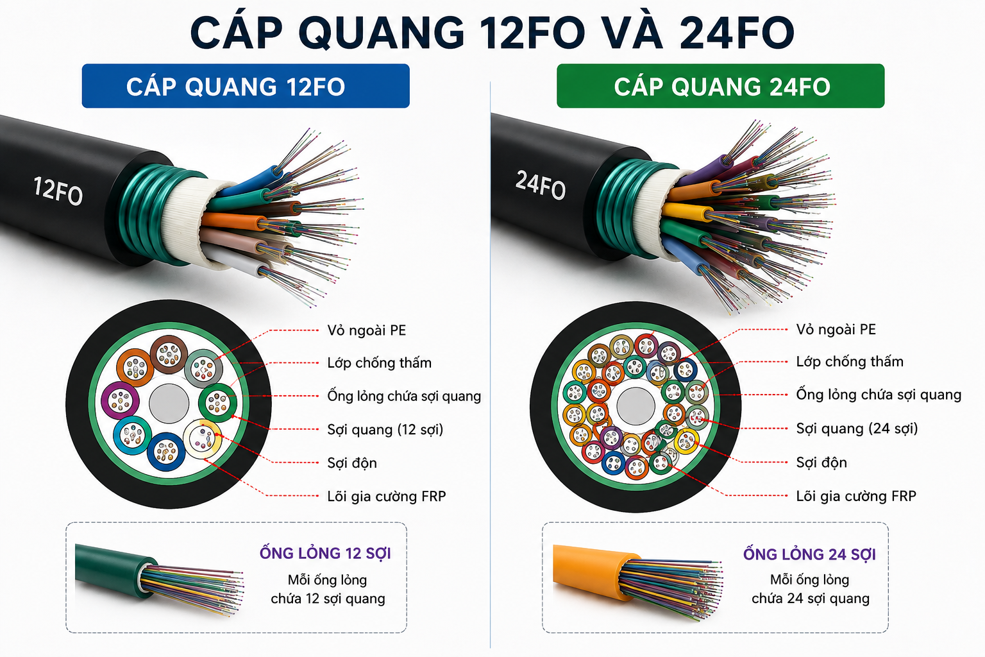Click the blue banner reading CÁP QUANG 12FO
click(x=246, y=86)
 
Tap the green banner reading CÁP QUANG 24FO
click(x=720, y=86)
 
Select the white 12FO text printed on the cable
click(x=58, y=191)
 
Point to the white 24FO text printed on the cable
click(x=541, y=185)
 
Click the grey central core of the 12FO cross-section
click(x=169, y=404)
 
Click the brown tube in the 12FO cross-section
click(x=169, y=354)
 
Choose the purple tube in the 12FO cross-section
click(x=120, y=400)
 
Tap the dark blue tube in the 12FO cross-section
click(x=166, y=452)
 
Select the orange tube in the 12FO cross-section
click(x=135, y=368)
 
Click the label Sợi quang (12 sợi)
click(x=385, y=429)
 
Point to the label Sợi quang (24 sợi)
click(x=857, y=429)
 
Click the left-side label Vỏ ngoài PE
click(x=367, y=330)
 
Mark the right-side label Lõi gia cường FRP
click(x=856, y=496)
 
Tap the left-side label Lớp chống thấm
click(x=380, y=363)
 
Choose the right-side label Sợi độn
click(x=821, y=463)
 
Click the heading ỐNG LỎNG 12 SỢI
click(x=325, y=553)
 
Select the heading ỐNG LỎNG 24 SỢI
click(x=809, y=554)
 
